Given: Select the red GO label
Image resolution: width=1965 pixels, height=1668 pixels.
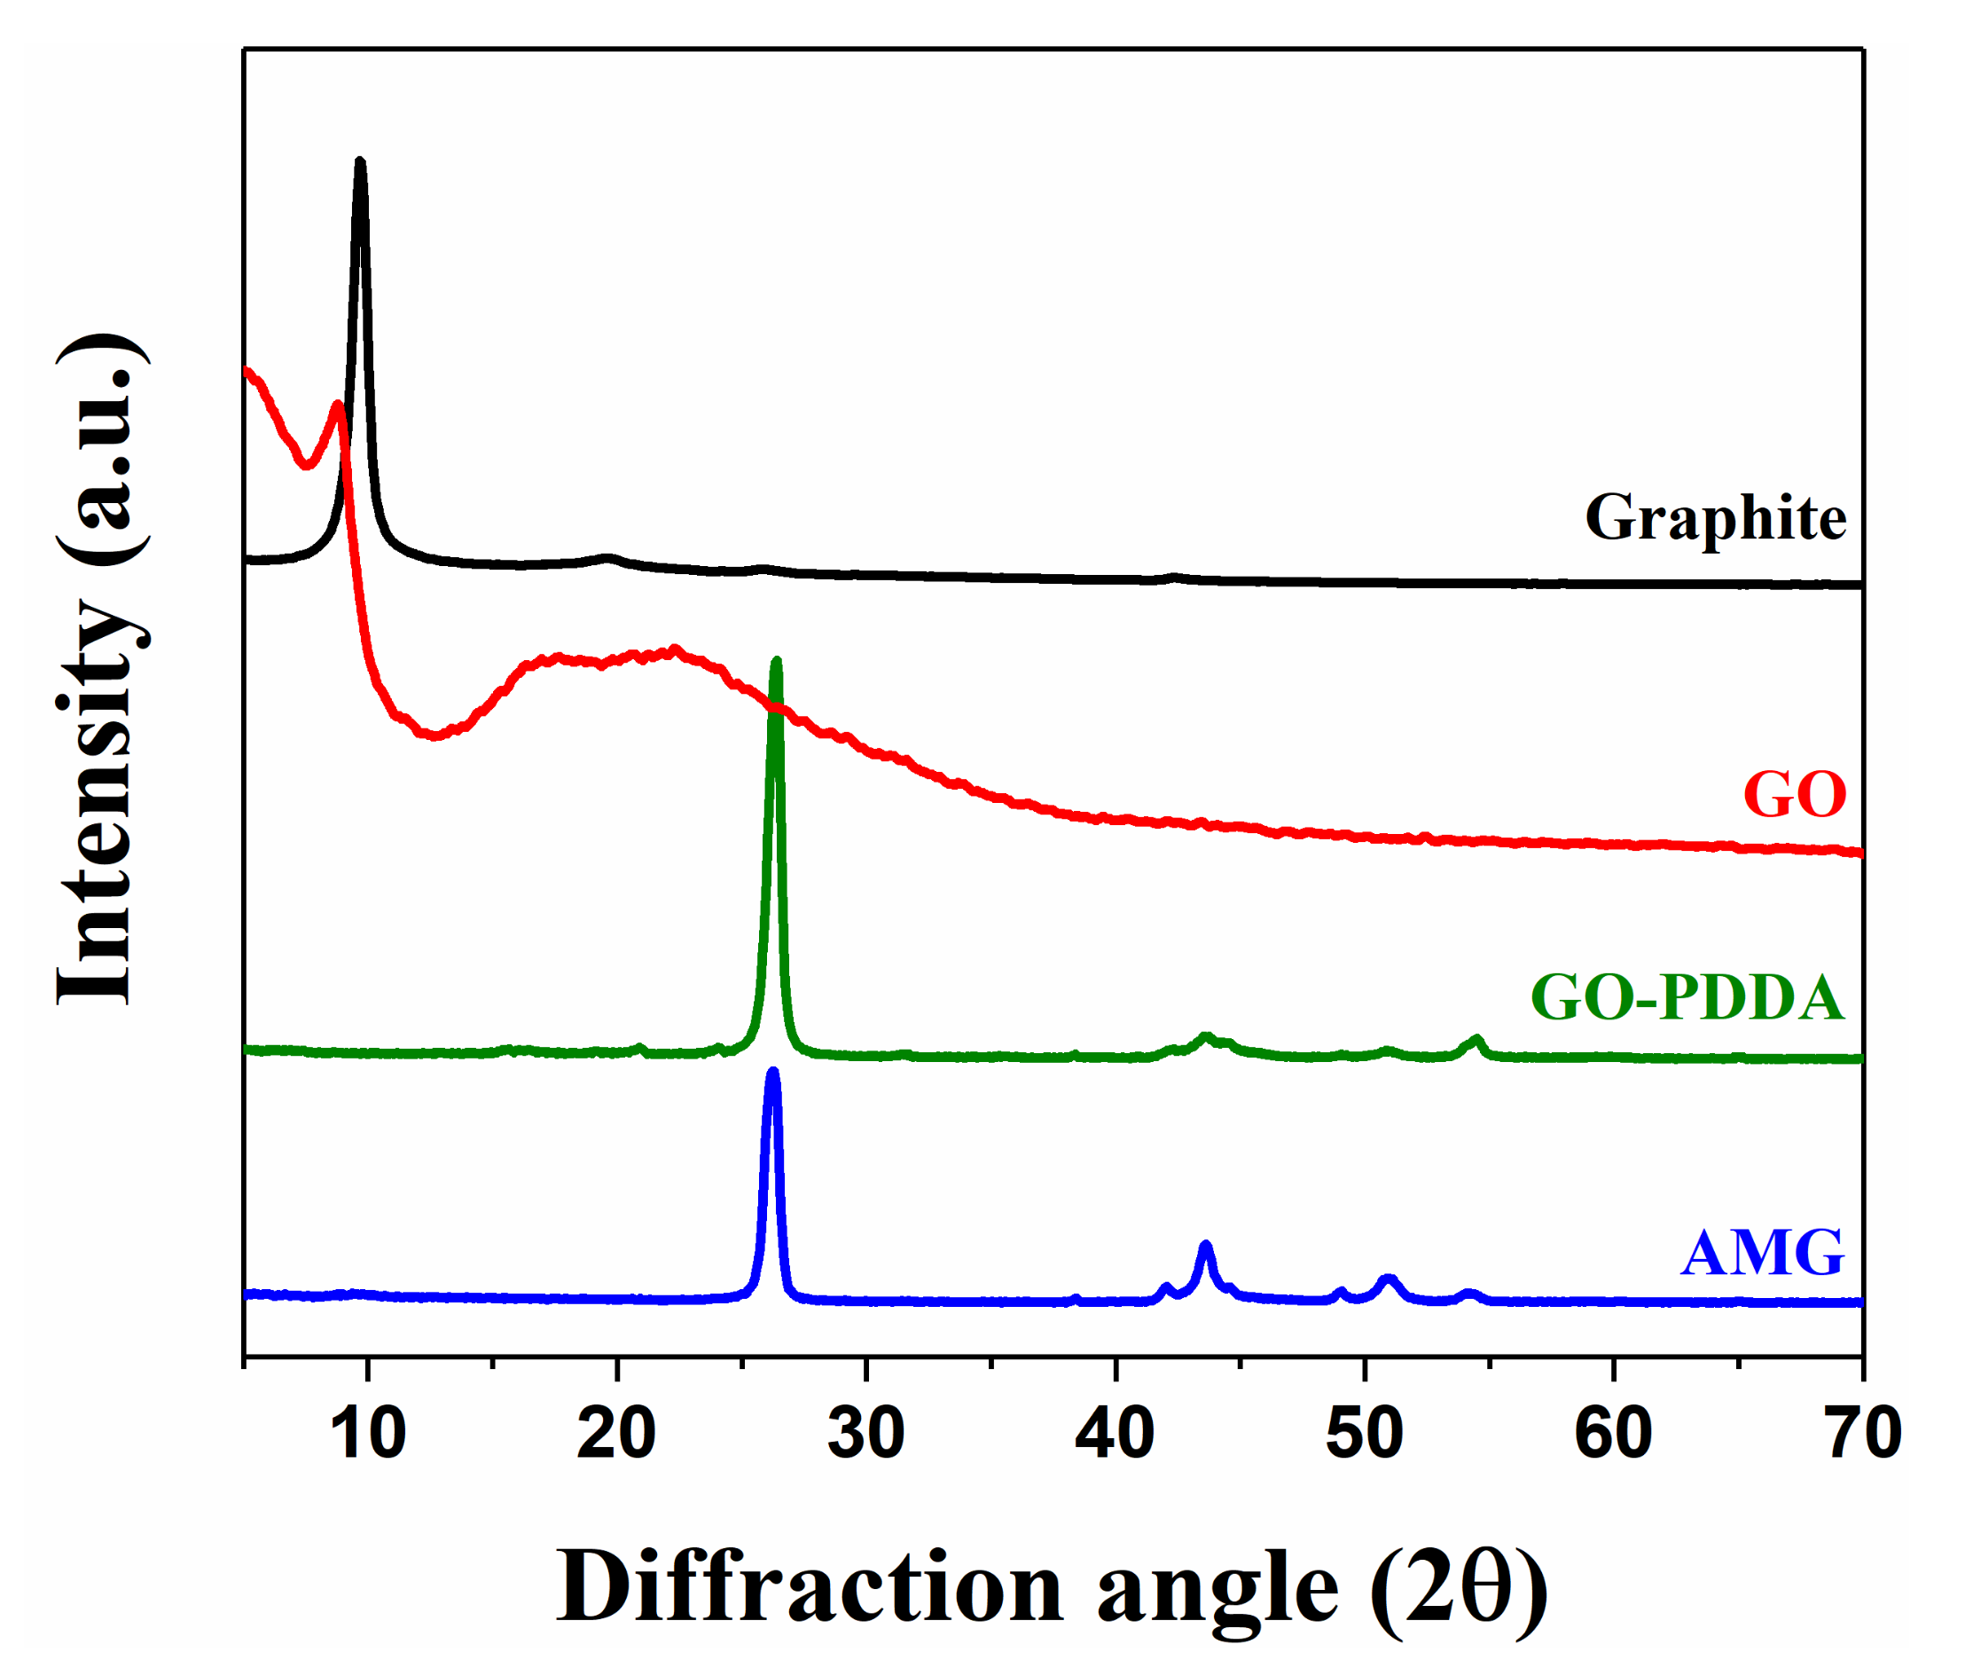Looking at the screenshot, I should pos(1793,793).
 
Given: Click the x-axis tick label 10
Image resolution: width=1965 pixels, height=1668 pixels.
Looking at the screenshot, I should pos(368,1434).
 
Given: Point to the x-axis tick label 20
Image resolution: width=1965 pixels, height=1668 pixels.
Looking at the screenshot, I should pos(616,1434).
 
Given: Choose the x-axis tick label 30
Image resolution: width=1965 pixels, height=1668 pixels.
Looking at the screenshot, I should pos(865,1434).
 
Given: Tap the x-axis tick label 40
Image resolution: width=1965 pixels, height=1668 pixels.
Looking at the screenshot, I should pos(1115,1434).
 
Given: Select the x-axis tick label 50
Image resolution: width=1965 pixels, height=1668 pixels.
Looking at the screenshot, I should pos(1364,1434).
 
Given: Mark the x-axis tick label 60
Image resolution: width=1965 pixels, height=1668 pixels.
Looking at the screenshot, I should pos(1612,1434).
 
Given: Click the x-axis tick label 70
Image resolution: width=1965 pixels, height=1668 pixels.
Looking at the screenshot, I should pos(1863,1434).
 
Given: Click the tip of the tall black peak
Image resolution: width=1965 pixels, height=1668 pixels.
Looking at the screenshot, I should pos(359,162).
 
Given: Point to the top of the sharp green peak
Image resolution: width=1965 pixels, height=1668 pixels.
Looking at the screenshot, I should pos(777,661).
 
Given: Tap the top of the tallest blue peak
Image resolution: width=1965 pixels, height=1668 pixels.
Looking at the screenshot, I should pos(773,1073).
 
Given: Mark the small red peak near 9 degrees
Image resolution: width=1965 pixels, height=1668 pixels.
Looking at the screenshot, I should pos(336,405).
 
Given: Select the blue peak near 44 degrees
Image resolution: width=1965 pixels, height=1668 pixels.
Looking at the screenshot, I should pos(1205,1246).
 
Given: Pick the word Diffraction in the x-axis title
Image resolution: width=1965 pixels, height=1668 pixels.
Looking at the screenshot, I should pos(808,1588).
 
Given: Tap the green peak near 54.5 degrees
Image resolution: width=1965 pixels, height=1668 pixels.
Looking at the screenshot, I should pos(1477,1040).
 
